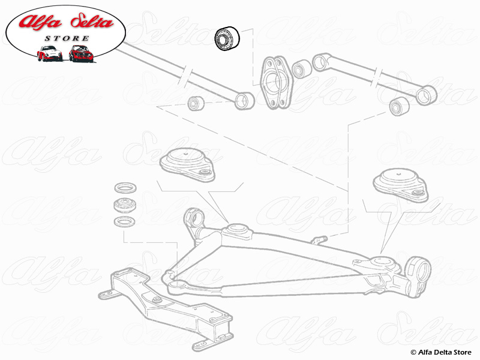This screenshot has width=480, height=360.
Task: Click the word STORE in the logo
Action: click(67, 38)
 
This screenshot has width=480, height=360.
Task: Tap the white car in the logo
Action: click(49, 53)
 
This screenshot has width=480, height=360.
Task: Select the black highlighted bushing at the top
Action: click(227, 38)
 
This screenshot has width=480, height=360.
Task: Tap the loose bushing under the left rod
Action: click(196, 103)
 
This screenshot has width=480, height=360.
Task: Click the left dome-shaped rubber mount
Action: click(186, 161)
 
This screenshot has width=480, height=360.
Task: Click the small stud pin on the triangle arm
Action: click(318, 240)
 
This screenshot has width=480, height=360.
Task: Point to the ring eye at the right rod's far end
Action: click(427, 94)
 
